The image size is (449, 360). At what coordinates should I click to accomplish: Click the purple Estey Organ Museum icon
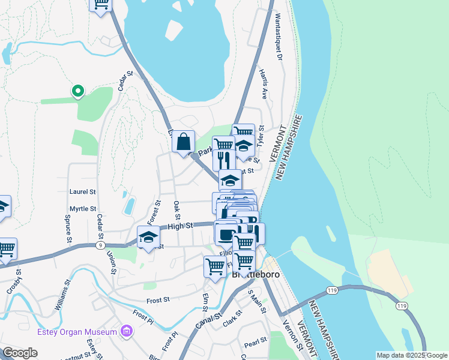[126, 331]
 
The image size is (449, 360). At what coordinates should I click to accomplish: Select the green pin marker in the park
[77, 92]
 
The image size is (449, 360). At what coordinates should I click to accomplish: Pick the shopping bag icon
[184, 142]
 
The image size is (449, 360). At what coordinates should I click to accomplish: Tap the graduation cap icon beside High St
[148, 238]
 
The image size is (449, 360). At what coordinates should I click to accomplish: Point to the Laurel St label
[83, 192]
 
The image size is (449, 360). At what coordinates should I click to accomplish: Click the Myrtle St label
[83, 209]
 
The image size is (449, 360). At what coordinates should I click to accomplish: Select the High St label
[179, 226]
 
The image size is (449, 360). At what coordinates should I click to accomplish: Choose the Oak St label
[177, 210]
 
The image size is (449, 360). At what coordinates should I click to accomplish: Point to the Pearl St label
[255, 343]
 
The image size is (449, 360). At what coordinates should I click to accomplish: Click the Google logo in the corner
[20, 353]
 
